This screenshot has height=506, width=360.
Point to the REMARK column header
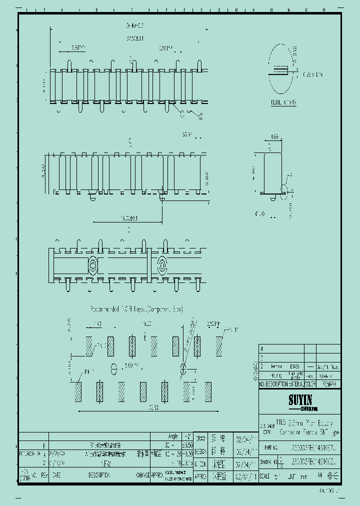coord(328,384)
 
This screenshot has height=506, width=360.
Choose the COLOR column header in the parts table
coord(309,384)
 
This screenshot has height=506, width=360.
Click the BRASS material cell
coord(294,366)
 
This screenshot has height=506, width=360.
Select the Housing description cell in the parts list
coord(276,375)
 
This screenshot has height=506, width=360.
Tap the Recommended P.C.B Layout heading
coord(136,309)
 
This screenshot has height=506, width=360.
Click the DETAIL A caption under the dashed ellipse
coord(283,101)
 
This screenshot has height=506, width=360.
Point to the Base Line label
coord(312,74)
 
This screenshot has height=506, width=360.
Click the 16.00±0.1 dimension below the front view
coord(129,218)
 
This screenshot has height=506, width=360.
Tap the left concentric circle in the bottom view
coord(93,264)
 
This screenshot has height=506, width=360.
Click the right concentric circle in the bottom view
coord(162,264)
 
